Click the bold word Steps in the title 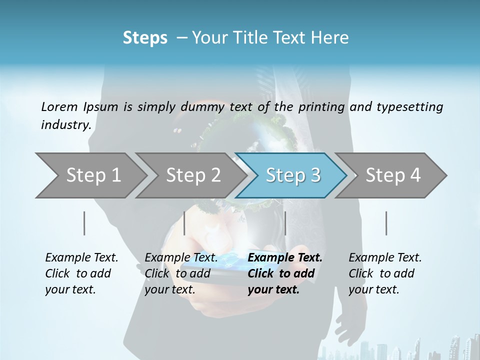(x=145, y=38)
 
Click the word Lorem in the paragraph (x=59, y=106)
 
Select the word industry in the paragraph (x=65, y=124)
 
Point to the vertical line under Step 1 (x=84, y=223)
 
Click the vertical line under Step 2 (x=184, y=223)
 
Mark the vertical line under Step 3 (x=285, y=223)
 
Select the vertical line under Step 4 (x=386, y=223)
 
